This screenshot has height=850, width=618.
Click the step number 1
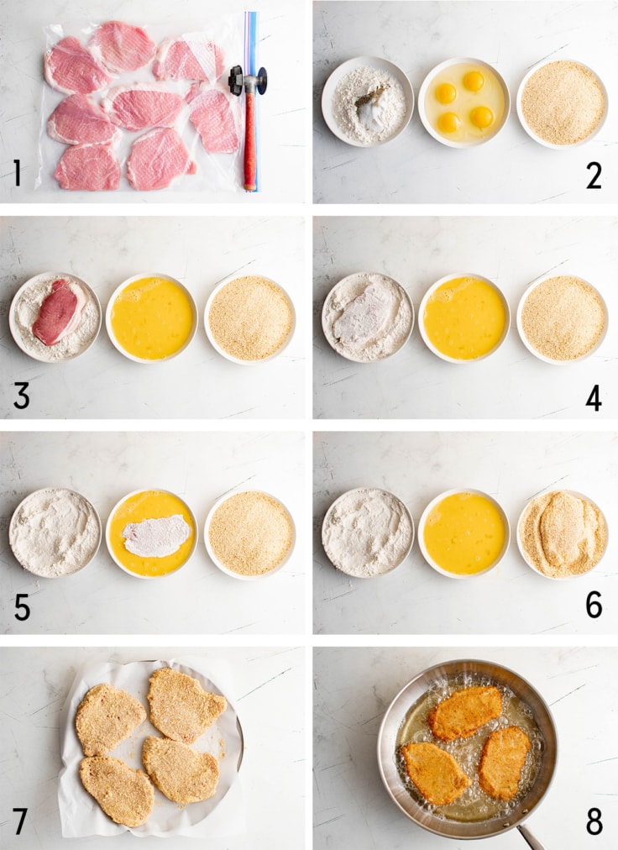pos(18,173)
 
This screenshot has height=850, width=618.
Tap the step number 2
pos(594,176)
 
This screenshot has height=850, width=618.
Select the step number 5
pos(22,608)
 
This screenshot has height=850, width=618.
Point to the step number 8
pos(594,821)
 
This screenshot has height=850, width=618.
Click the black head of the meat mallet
pos(247,81)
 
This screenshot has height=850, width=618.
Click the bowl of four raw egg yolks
pos(463,102)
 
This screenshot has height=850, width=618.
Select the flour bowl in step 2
pos(368,102)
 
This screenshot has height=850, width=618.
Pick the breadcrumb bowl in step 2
pos(563,103)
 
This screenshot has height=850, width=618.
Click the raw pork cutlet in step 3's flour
pos(58,312)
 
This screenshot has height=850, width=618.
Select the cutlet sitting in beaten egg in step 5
pos(156,536)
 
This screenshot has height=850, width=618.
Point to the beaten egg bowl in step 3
pos(152,318)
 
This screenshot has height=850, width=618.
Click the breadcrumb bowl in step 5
pos(250,534)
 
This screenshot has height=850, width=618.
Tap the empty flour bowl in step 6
pos(368,533)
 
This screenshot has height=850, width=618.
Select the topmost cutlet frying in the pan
pos(465,712)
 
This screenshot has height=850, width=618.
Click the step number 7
pos(21,821)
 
